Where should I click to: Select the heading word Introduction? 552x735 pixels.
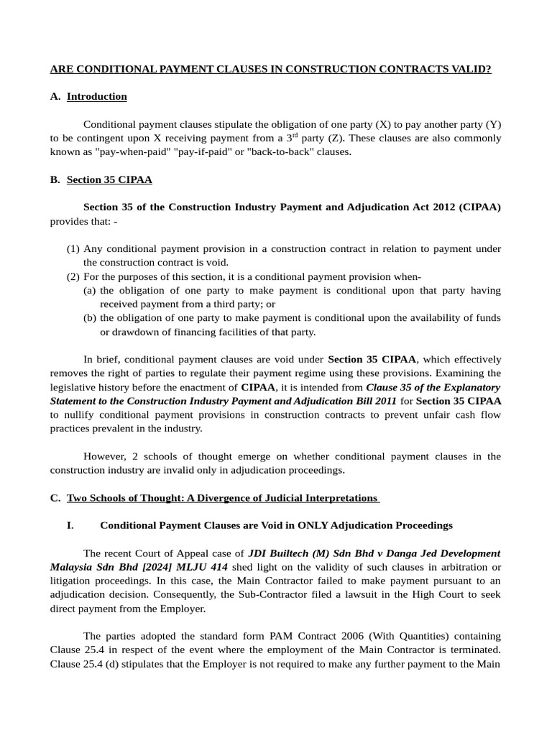click(97, 96)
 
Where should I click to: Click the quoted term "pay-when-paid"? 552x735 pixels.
click(126, 151)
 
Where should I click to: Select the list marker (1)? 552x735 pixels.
click(73, 248)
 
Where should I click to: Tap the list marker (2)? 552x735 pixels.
click(73, 276)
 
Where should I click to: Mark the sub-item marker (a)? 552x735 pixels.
click(90, 290)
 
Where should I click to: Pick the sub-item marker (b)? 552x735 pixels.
click(90, 317)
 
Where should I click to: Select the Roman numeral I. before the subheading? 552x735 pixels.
click(70, 525)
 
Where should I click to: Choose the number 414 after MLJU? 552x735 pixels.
click(217, 566)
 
